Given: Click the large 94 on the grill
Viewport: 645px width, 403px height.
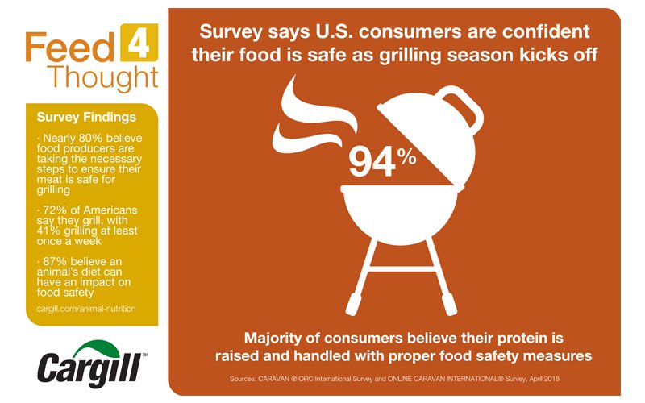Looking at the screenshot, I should click(x=372, y=161).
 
